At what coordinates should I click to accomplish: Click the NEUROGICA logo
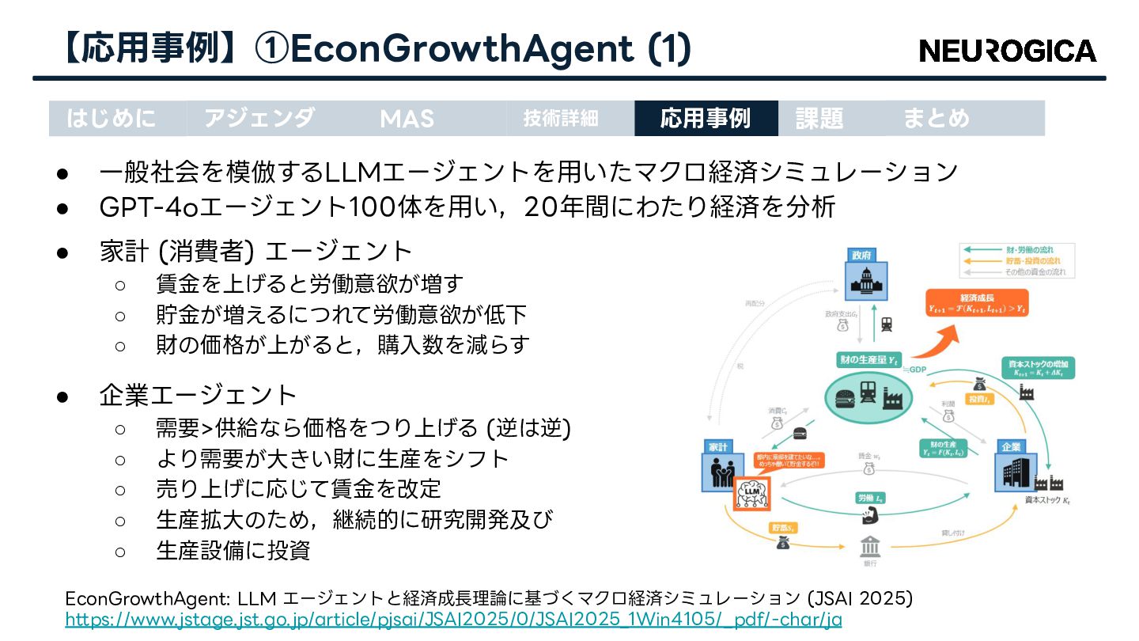(x=1008, y=51)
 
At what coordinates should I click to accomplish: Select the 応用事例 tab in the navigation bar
(x=706, y=119)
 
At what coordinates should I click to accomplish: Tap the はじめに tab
(x=112, y=119)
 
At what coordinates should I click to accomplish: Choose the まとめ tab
(x=936, y=119)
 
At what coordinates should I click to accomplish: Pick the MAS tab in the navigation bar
(x=407, y=119)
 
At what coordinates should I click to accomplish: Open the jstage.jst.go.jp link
(x=453, y=620)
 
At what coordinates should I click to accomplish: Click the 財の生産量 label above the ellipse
(x=868, y=360)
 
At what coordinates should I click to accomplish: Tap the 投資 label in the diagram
(x=978, y=400)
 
